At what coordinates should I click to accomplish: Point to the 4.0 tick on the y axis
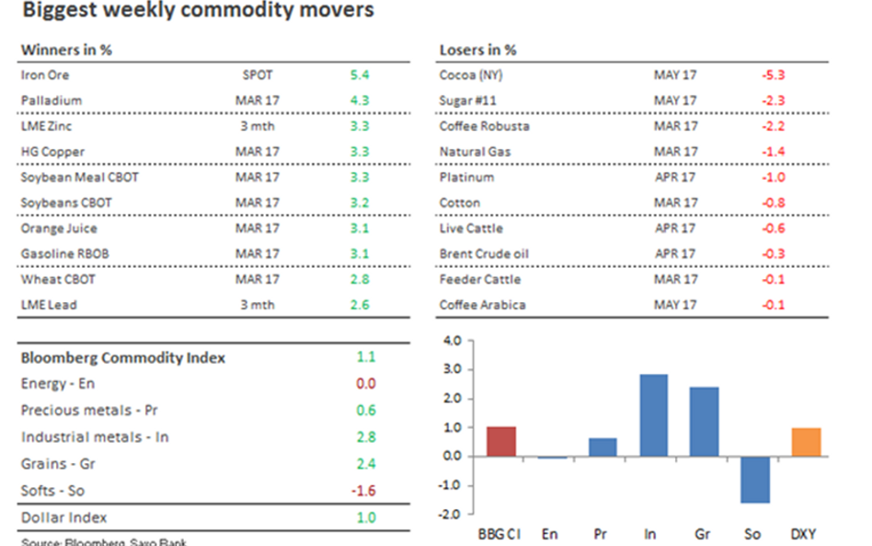point(451,341)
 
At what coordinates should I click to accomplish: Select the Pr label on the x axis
point(599,534)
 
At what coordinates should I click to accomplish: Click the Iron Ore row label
point(44,75)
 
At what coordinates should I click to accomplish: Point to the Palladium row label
point(51,100)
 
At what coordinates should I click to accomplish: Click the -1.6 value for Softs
point(364,491)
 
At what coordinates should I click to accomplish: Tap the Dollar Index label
point(63,517)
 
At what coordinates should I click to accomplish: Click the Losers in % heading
point(477,49)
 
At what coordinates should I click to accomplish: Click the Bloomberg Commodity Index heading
point(122,357)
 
